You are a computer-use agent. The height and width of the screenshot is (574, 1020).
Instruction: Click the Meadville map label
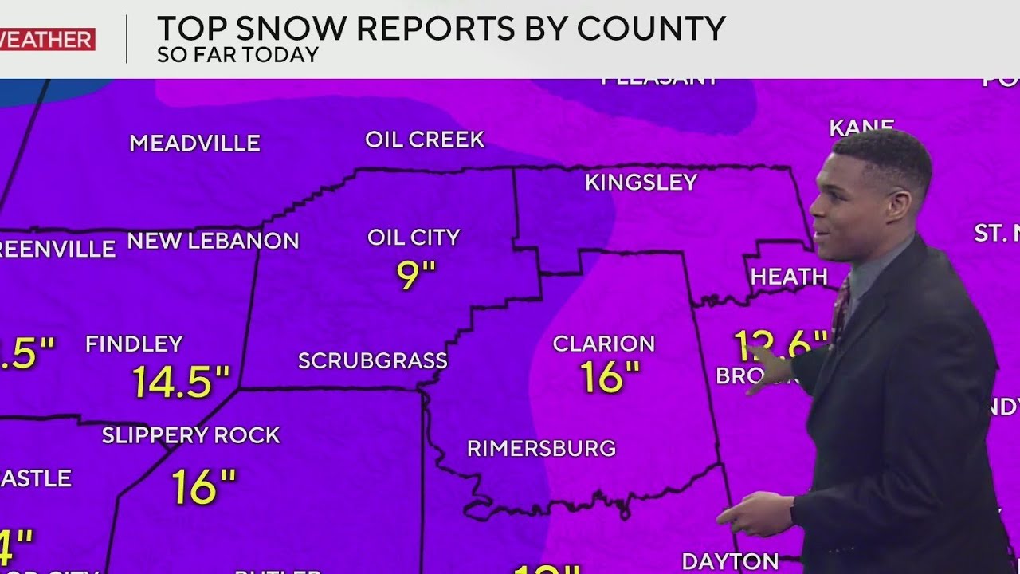click(x=194, y=143)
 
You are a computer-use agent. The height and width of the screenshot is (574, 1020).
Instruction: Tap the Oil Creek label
click(x=424, y=140)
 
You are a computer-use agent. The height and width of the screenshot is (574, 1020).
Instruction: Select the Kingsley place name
click(x=641, y=183)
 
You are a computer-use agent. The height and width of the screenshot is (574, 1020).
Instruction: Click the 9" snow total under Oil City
click(x=416, y=273)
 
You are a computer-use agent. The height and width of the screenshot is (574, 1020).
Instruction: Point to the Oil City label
click(x=414, y=238)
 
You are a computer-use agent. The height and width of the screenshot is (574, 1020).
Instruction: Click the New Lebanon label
click(x=213, y=241)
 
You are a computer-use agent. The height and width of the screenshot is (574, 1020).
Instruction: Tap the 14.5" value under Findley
click(x=181, y=382)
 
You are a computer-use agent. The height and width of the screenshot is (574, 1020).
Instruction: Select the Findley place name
click(x=134, y=344)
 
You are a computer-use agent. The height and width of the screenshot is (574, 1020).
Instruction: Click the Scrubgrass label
click(x=372, y=361)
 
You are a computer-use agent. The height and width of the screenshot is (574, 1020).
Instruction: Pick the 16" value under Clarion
click(x=610, y=377)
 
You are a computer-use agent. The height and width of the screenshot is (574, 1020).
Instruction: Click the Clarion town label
click(x=603, y=344)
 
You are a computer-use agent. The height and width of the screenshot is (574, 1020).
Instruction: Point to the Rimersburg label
click(x=541, y=449)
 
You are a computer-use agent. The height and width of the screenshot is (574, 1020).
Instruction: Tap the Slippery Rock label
click(x=190, y=435)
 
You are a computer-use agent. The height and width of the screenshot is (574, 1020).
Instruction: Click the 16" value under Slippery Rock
click(x=204, y=487)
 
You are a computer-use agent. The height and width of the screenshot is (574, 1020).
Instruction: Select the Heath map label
click(x=788, y=277)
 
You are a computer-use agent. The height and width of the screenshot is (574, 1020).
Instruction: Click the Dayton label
click(x=729, y=561)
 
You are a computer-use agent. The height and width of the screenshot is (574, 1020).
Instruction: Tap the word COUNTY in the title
click(x=651, y=29)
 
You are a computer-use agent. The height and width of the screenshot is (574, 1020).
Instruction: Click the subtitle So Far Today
click(x=237, y=55)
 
